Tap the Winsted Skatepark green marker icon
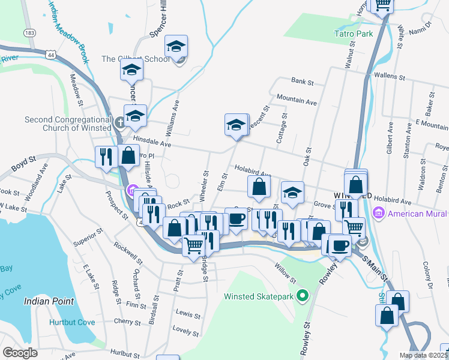(x=303, y=296)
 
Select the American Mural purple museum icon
(x=379, y=213)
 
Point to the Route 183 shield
(x=29, y=32)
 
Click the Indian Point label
(x=49, y=301)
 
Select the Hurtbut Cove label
(x=72, y=322)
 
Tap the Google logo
(x=19, y=353)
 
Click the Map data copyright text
(x=424, y=355)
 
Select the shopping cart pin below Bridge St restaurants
(x=193, y=245)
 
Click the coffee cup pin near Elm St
(x=236, y=218)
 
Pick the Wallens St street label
(x=387, y=76)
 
